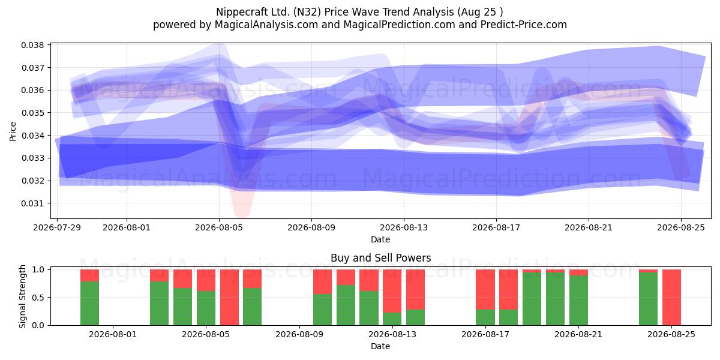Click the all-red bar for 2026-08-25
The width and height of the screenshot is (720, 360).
671,298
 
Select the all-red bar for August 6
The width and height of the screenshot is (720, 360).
229,298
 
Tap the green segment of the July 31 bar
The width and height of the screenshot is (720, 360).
89,304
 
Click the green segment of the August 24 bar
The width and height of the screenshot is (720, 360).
649,299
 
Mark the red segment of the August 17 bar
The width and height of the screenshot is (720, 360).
485,289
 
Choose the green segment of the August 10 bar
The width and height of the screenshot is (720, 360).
322,310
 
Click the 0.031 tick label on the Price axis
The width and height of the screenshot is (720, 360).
32,203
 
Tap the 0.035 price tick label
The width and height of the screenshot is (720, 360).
32,113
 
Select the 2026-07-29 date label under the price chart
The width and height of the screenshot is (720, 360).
57,227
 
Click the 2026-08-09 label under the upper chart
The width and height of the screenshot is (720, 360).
311,227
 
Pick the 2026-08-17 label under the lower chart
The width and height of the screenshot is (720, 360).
485,334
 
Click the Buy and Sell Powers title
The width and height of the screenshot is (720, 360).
380,258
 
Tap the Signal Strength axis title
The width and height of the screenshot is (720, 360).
22,296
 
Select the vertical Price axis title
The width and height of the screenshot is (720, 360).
13,131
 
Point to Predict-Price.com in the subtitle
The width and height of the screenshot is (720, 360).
524,25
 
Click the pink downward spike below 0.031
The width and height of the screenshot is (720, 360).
242,206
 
